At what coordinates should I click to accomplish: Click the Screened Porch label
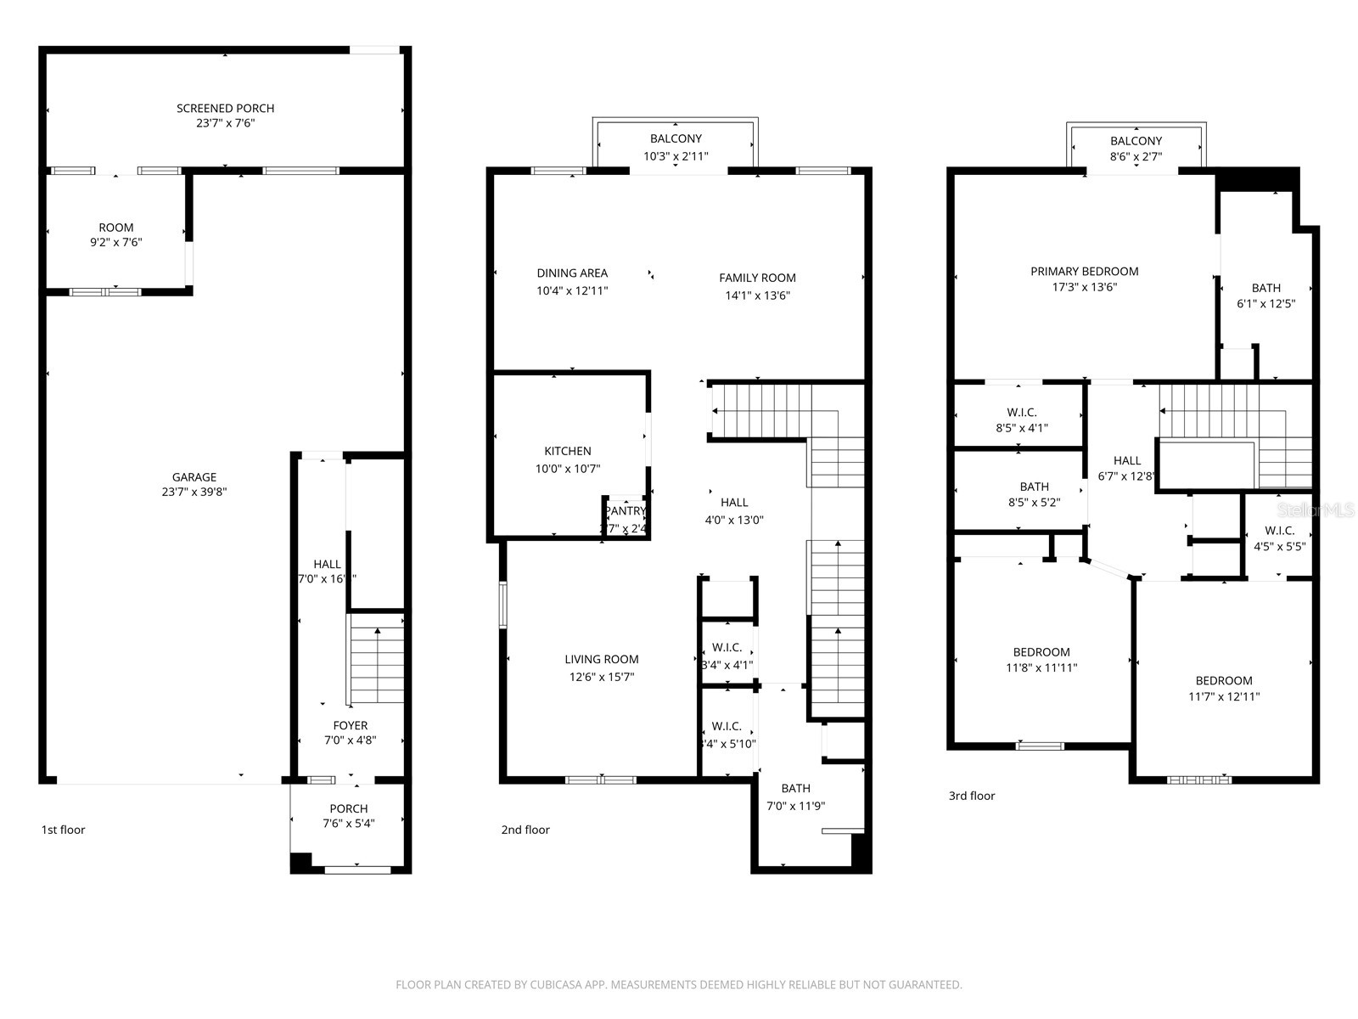[x=225, y=108]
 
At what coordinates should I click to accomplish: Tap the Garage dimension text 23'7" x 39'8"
[x=194, y=492]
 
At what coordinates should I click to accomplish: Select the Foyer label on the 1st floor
[x=350, y=725]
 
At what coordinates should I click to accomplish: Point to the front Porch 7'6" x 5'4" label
[x=348, y=808]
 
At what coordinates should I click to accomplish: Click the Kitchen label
[x=568, y=451]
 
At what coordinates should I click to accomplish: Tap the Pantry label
[x=626, y=511]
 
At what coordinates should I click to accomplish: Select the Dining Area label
[x=571, y=273]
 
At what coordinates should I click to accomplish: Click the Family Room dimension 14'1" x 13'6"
[x=757, y=296]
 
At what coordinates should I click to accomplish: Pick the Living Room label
[x=601, y=659]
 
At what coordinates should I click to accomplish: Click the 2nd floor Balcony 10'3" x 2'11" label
[x=676, y=138]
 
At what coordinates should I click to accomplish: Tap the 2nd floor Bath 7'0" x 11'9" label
[x=795, y=788]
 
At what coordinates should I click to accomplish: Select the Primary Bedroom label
[x=1084, y=272]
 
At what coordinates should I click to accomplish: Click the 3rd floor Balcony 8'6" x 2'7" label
[x=1135, y=141]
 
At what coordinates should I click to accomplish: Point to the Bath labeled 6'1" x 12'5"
[x=1265, y=288]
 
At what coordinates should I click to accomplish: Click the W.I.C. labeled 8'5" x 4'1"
[x=1021, y=413]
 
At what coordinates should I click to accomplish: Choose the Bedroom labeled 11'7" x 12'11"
[x=1223, y=680]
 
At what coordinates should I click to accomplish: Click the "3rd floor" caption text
[x=971, y=796]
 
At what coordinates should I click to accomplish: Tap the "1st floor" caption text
[x=63, y=830]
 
